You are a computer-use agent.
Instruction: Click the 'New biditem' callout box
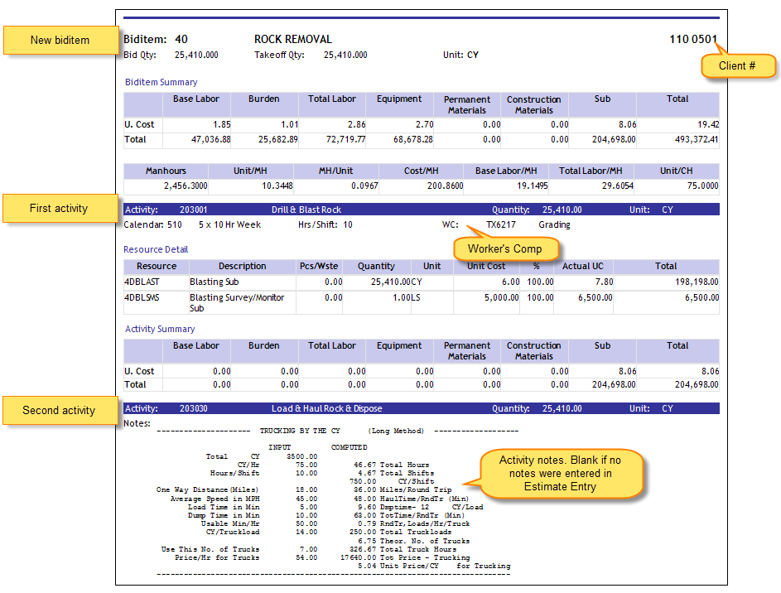point(60,41)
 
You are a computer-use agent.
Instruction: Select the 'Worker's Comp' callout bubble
point(504,248)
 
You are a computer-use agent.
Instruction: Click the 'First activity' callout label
point(59,209)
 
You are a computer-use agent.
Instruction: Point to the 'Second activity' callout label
point(59,410)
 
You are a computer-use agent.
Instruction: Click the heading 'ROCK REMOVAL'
point(292,39)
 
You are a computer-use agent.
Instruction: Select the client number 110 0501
point(693,39)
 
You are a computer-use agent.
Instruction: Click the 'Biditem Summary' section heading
point(161,82)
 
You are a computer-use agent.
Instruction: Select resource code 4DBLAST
point(142,282)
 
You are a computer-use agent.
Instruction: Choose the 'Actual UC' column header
point(582,267)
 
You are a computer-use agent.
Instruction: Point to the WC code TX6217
point(501,224)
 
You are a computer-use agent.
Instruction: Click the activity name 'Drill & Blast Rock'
point(306,210)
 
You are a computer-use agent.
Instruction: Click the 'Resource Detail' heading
point(156,249)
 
